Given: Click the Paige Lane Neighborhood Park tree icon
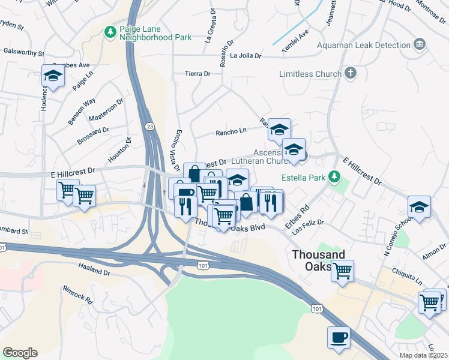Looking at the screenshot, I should pos(110,31).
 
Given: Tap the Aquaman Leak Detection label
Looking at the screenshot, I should pos(366,45).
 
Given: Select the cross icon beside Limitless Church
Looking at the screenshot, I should pos(351,73).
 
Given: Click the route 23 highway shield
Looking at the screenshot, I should pos(149,126).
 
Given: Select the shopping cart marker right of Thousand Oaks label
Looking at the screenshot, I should pos(342,271).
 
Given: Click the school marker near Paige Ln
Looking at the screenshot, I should pos(53,76).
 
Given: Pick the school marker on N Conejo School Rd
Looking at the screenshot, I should pos(419,207).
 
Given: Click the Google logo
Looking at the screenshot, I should pos(20,353).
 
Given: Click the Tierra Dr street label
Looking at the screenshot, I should pos(197,74).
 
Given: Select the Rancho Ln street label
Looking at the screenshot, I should pos(231,131).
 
